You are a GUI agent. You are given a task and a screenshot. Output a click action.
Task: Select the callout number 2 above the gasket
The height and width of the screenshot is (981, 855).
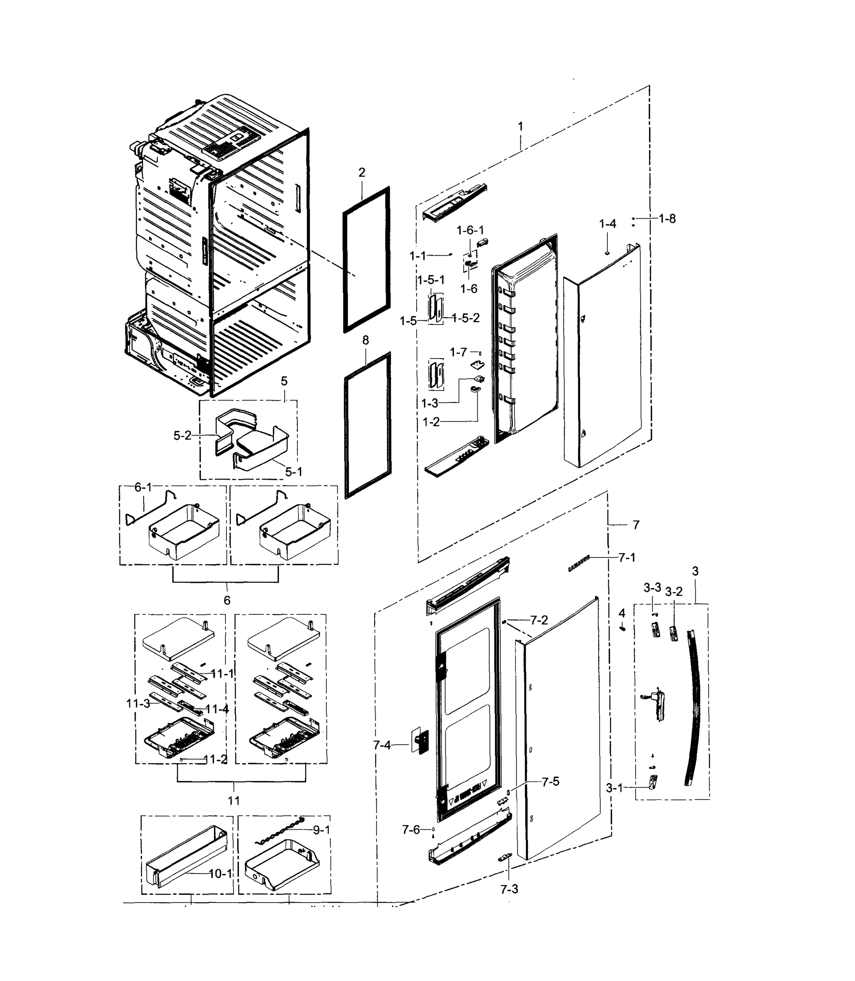tap(362, 172)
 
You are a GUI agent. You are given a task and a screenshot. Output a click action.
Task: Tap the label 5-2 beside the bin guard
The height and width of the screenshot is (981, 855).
tap(182, 435)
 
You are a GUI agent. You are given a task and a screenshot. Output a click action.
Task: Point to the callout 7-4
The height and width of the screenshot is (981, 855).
tap(382, 745)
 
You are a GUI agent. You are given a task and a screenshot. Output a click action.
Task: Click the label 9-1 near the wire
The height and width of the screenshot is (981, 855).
tap(321, 830)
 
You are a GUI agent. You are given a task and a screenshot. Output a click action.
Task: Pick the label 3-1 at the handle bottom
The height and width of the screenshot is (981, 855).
tap(614, 788)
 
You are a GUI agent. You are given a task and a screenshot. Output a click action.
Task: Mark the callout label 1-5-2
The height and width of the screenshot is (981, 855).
tap(466, 318)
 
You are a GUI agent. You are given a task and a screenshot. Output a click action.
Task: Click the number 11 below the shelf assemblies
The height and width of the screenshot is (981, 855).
tap(234, 801)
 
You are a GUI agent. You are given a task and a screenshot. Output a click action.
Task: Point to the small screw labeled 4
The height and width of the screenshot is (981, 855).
tap(622, 628)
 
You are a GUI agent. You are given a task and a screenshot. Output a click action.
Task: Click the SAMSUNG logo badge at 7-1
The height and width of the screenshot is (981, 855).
tap(579, 563)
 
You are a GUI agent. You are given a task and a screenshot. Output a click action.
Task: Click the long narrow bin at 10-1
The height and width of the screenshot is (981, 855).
tap(186, 857)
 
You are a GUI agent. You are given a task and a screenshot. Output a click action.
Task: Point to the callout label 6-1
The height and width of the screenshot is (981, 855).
tap(143, 487)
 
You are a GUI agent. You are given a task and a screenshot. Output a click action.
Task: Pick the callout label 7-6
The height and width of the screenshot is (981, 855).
tap(411, 830)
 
